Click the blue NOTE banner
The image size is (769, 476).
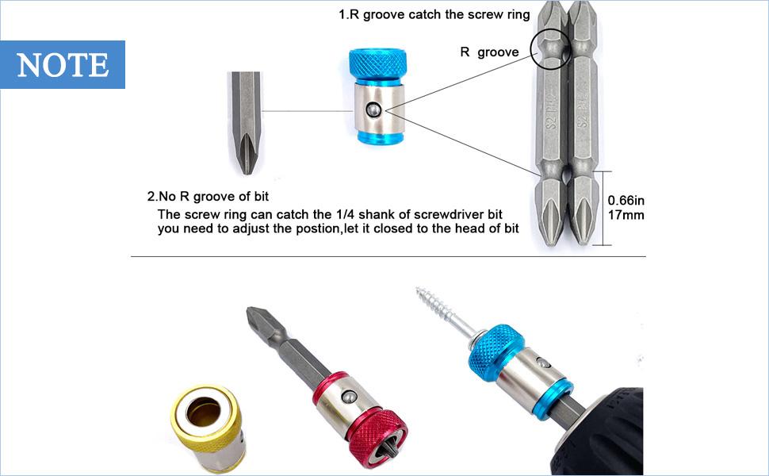point(63,64)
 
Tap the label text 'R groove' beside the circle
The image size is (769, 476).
point(489,52)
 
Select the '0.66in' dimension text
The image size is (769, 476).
point(626,202)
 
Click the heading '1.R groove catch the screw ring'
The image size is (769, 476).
point(411,14)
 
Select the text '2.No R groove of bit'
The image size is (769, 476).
point(213,196)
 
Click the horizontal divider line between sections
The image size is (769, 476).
point(388,256)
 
